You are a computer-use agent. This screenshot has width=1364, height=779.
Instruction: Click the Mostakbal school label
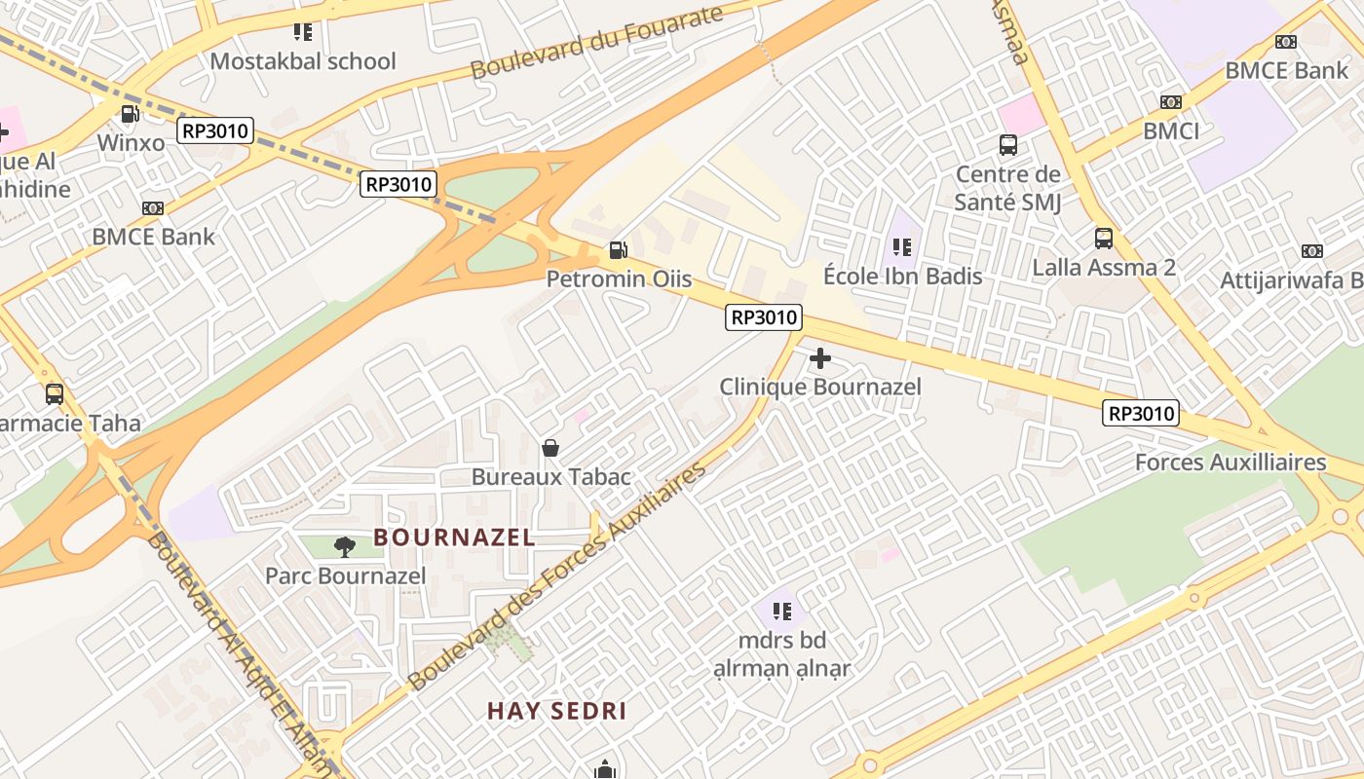click(303, 61)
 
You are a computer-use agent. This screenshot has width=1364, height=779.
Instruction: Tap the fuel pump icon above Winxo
click(130, 114)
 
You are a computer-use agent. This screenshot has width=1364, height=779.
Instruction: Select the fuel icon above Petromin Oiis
click(618, 250)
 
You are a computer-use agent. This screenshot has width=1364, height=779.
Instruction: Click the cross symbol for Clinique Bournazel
click(820, 358)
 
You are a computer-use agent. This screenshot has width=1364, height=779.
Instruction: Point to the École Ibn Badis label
click(902, 277)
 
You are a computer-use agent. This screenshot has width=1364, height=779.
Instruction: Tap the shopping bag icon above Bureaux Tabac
click(550, 448)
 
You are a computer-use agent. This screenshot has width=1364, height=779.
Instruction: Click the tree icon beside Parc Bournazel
click(344, 547)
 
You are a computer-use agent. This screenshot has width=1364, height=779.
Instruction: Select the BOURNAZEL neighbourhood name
click(454, 537)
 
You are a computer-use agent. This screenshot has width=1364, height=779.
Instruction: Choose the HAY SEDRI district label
click(556, 711)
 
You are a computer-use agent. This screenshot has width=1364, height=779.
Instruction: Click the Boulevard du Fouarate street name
click(596, 43)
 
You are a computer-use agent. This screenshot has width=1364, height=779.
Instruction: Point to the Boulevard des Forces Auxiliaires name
click(557, 576)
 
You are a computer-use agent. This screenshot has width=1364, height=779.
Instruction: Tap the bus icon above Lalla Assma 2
click(1104, 239)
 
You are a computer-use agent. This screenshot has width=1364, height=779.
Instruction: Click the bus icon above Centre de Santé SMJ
click(1008, 145)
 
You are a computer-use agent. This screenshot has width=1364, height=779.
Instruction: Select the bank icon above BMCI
click(1170, 102)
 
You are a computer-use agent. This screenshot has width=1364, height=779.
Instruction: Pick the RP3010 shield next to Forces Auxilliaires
click(1141, 414)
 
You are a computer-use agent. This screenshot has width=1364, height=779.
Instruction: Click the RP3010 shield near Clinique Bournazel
click(764, 316)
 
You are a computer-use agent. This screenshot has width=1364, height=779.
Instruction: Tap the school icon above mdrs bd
click(781, 612)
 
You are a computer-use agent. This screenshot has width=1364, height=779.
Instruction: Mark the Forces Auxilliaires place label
click(1231, 463)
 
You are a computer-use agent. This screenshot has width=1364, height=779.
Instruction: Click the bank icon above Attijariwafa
click(1312, 251)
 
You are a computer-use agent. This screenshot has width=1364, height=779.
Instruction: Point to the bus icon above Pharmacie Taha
click(55, 394)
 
